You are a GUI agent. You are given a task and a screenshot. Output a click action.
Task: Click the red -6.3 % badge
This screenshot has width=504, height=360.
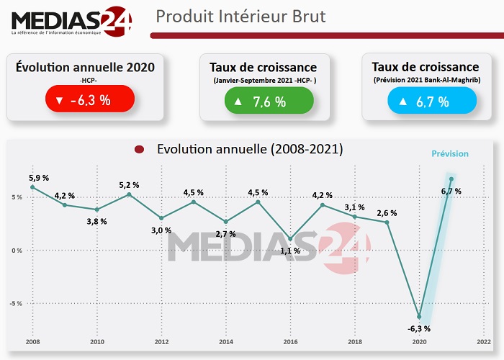point(89,99)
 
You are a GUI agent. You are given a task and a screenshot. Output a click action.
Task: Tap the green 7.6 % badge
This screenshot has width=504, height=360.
point(268,101)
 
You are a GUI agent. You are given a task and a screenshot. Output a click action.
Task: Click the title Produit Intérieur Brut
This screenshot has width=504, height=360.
point(240,16)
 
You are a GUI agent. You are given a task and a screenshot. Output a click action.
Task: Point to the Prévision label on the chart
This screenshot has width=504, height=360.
point(449,153)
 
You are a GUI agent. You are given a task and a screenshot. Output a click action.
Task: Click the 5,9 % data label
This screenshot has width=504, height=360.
point(39,177)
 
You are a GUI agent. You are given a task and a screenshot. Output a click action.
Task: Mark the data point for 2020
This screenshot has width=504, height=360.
point(419,317)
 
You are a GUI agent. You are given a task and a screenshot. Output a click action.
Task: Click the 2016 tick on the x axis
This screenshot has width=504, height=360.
point(290,342)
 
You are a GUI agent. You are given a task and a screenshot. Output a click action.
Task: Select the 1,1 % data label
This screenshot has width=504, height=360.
point(290,251)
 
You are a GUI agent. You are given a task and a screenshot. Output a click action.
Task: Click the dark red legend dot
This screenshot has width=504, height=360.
point(140,150)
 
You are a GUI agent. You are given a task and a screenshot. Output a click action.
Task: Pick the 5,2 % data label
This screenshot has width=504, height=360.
point(129,185)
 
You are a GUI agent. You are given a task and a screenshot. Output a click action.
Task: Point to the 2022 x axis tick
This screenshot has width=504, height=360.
point(483,342)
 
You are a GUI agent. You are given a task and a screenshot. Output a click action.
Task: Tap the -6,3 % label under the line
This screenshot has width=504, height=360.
point(419,329)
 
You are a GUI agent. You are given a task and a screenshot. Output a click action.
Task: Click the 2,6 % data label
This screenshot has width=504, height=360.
point(387,212)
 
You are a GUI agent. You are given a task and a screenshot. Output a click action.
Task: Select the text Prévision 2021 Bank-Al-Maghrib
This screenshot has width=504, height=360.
point(431,80)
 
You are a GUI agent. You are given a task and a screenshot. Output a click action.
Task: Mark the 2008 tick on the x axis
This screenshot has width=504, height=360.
point(32,342)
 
